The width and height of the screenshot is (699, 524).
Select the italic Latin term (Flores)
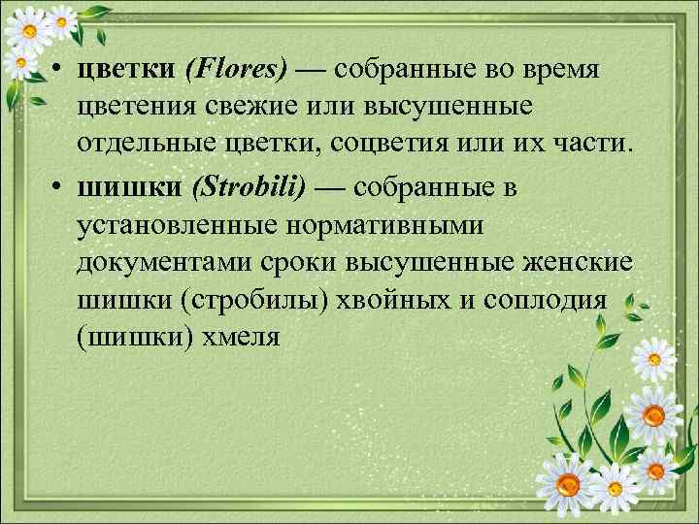click(x=237, y=71)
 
